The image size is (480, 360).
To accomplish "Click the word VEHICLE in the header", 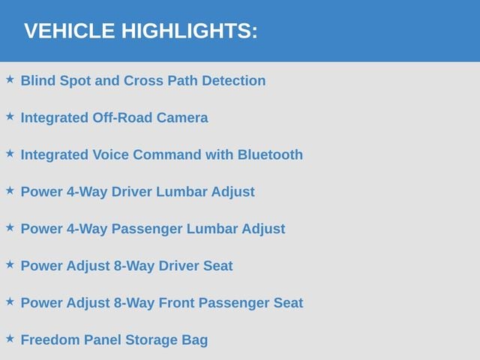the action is click(70, 31).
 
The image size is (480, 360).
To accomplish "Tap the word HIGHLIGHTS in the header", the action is click(187, 31).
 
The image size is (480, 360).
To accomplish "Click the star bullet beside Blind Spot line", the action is click(10, 79).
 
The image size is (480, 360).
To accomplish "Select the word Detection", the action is click(234, 81).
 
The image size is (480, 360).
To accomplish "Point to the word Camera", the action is click(182, 118).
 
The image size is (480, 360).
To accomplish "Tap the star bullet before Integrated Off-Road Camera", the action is click(10, 116).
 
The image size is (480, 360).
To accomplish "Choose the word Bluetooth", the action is click(270, 155).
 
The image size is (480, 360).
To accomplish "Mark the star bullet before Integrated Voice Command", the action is click(10, 153).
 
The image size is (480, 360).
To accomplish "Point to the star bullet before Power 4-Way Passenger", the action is click(10, 227).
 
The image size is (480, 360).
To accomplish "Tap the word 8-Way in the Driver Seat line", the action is click(134, 266).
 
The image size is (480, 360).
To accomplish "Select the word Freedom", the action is click(50, 340).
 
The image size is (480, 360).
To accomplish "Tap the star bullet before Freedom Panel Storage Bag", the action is click(10, 338).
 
